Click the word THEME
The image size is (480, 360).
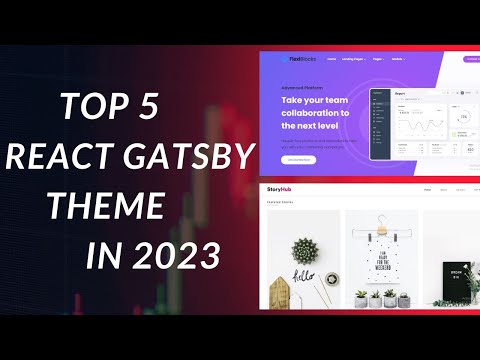pyautogui.click(x=109, y=207)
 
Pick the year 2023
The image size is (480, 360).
pyautogui.click(x=179, y=255)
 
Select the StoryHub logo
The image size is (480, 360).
pyautogui.click(x=282, y=189)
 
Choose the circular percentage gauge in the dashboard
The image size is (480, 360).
pyautogui.click(x=463, y=118)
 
